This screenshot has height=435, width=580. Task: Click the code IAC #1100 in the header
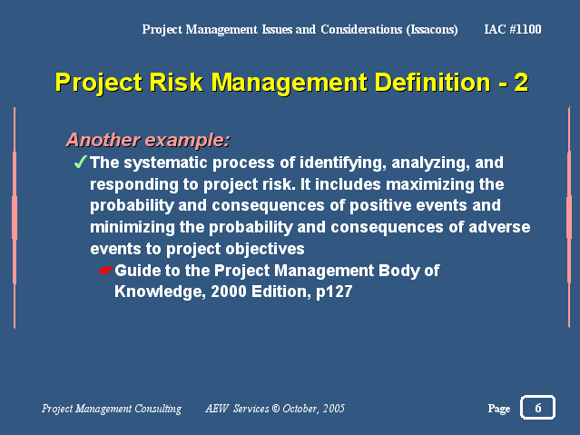tap(514, 30)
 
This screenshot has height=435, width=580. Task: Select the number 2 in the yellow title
tap(521, 83)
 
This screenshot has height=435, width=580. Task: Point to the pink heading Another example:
tap(147, 140)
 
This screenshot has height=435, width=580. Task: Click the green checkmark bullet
tap(80, 163)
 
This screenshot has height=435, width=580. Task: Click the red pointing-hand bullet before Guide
tap(106, 271)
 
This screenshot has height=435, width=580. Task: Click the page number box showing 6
tap(537, 408)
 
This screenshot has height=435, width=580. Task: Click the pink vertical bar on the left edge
tap(15, 218)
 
